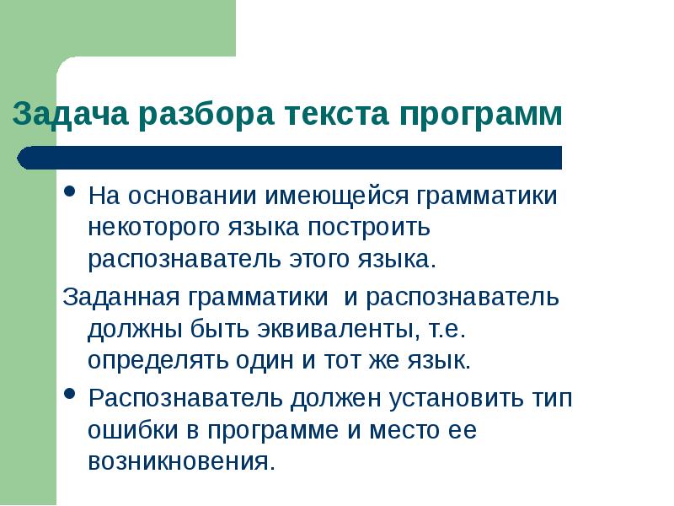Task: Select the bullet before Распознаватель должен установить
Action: coord(72,394)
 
